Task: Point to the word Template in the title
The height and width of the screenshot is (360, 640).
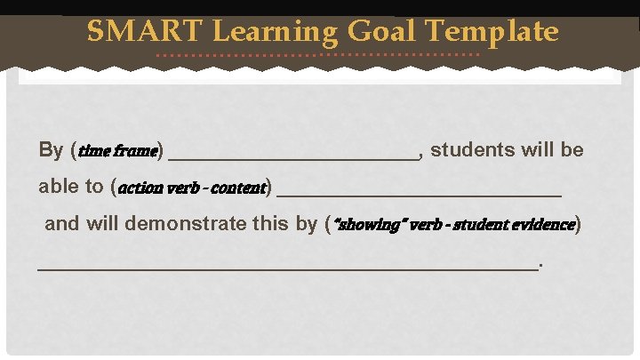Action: (492, 33)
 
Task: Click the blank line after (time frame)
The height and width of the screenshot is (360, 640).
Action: (293, 156)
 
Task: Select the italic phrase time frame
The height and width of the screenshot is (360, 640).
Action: (118, 151)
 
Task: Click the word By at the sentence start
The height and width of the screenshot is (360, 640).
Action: (51, 150)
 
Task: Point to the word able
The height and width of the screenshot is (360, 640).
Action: (58, 187)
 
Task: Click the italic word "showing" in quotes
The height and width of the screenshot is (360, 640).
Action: (363, 223)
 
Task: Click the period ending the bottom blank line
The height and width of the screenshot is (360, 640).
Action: (541, 265)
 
